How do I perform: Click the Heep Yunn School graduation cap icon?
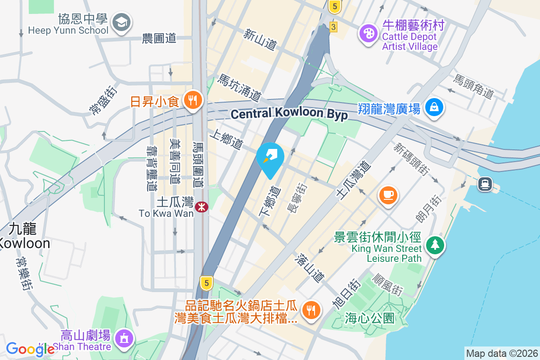pos(121,22)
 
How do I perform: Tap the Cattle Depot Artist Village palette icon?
pos(369,32)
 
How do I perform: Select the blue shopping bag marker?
pos(434,107)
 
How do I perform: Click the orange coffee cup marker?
pos(388,195)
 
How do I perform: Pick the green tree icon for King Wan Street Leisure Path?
pos(435,245)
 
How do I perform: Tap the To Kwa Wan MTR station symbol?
pos(201,207)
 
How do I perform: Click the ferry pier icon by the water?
pos(485,184)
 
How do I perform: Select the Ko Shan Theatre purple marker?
pos(124,338)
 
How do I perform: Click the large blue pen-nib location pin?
pos(270,157)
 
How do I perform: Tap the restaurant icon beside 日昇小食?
pos(194,99)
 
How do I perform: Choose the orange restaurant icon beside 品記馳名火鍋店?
pos(310,309)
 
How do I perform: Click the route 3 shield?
pos(333,27)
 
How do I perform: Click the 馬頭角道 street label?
pos(473,87)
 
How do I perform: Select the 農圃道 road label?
pos(158,39)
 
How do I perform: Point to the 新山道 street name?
pos(260,39)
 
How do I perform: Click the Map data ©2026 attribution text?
pos(502,353)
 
